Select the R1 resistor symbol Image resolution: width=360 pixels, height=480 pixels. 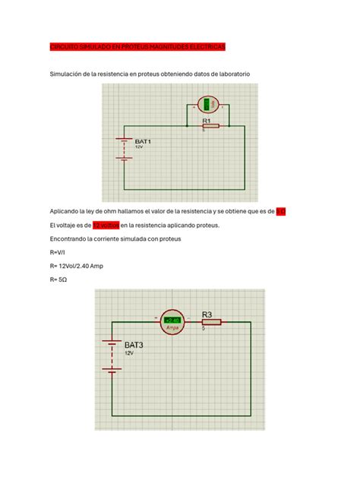[x=210, y=126]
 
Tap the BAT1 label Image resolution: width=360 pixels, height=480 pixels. [x=144, y=141]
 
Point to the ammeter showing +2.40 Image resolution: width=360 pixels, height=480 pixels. [x=172, y=322]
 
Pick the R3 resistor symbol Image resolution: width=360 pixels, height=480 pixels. [x=211, y=322]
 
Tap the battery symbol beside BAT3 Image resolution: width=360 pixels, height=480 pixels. [x=112, y=355]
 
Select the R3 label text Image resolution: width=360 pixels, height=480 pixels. [x=210, y=313]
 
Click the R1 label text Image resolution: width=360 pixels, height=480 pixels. [x=206, y=120]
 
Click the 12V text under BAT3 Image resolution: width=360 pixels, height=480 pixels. [x=131, y=353]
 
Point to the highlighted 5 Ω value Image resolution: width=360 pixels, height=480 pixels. [x=280, y=211]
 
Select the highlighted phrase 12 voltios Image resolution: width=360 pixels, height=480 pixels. [x=106, y=226]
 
